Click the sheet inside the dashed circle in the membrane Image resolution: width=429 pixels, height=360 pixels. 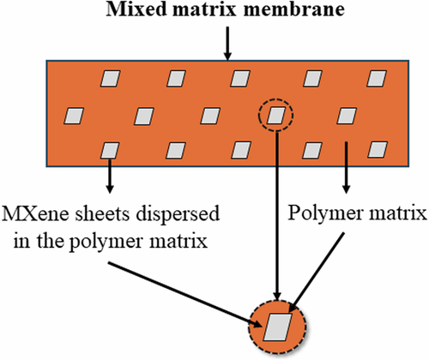(275, 114)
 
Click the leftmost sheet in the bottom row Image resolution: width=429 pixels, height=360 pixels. (109, 150)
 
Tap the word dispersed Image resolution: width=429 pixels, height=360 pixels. (164, 213)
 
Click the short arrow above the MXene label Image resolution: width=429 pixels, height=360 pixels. (109, 175)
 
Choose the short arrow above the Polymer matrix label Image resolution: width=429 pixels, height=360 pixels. (346, 167)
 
